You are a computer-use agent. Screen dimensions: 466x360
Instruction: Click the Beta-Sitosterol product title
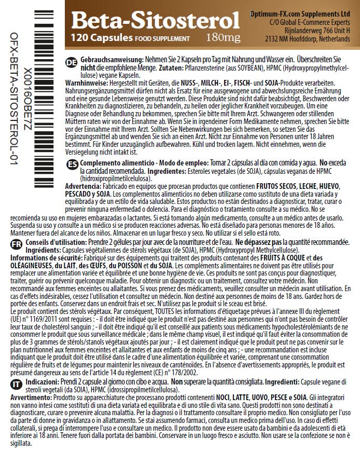(155, 20)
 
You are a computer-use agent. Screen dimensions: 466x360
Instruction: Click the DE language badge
(73, 62)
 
